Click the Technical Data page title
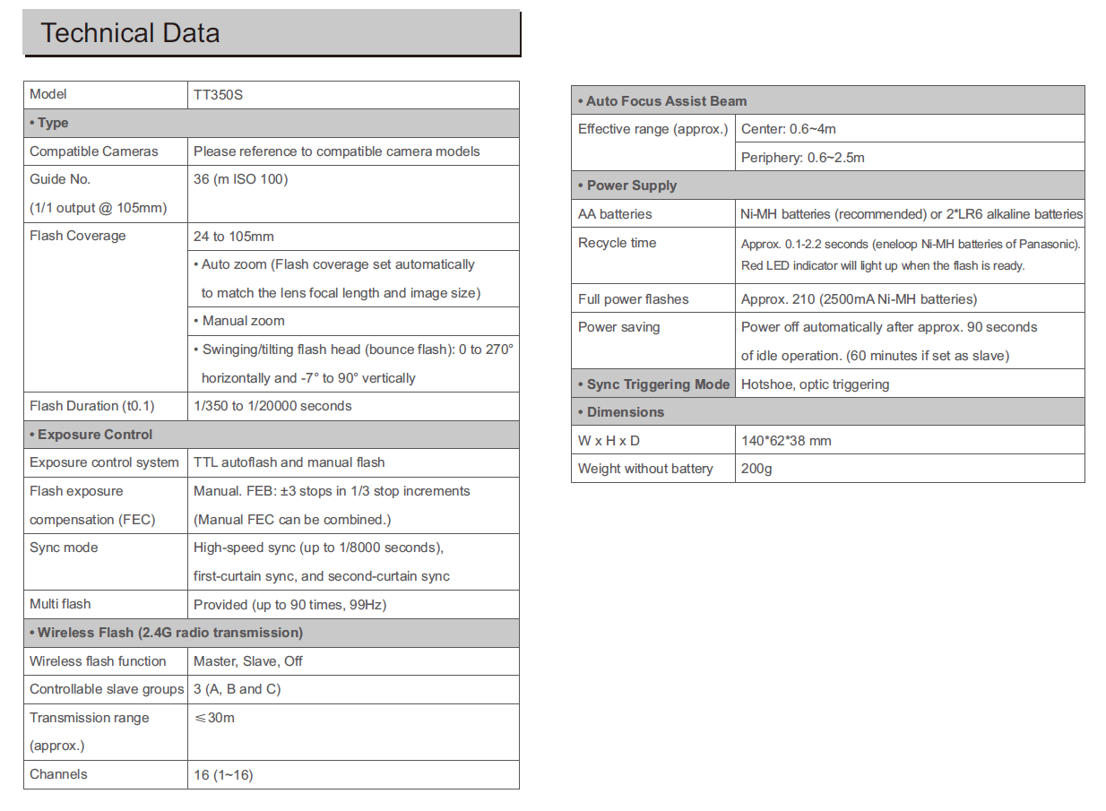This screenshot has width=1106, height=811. [131, 34]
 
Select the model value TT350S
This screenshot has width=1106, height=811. [218, 94]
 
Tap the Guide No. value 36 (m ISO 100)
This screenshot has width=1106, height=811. [240, 179]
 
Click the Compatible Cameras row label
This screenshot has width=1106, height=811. [93, 151]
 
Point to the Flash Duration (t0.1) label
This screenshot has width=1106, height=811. [91, 406]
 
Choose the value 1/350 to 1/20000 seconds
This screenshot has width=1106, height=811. [272, 406]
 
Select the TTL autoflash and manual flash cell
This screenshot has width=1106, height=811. [289, 462]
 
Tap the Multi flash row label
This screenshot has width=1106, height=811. [60, 605]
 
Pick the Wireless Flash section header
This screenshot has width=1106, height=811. [166, 633]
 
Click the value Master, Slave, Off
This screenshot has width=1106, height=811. [248, 661]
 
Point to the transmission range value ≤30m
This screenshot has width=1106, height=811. [214, 718]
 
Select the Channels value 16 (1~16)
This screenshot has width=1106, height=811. [223, 775]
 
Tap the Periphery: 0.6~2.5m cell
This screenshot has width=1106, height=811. [803, 158]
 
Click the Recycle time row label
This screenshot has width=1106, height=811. [617, 243]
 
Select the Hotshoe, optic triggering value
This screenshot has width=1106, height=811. [815, 384]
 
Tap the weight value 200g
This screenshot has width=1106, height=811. [756, 469]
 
